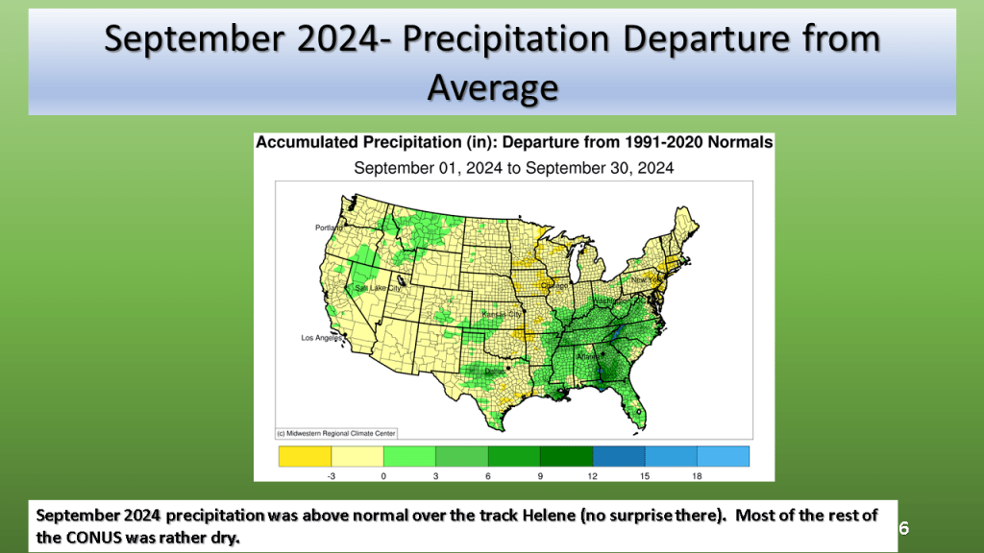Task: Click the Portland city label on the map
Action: [x=329, y=228]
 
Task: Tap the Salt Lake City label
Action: [x=376, y=287]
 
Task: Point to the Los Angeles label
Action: [x=322, y=338]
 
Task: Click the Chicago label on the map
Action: [x=554, y=284]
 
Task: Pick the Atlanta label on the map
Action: [x=588, y=356]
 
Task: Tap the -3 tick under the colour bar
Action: [x=332, y=474]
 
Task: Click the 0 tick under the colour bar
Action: [x=383, y=474]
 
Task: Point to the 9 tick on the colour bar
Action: [x=540, y=474]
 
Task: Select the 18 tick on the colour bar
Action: [x=697, y=474]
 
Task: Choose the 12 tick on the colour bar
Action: [x=592, y=474]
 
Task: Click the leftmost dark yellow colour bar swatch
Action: [x=305, y=455]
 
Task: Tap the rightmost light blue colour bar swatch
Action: [x=723, y=455]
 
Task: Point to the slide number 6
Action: [x=903, y=528]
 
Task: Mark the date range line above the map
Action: [x=513, y=167]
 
